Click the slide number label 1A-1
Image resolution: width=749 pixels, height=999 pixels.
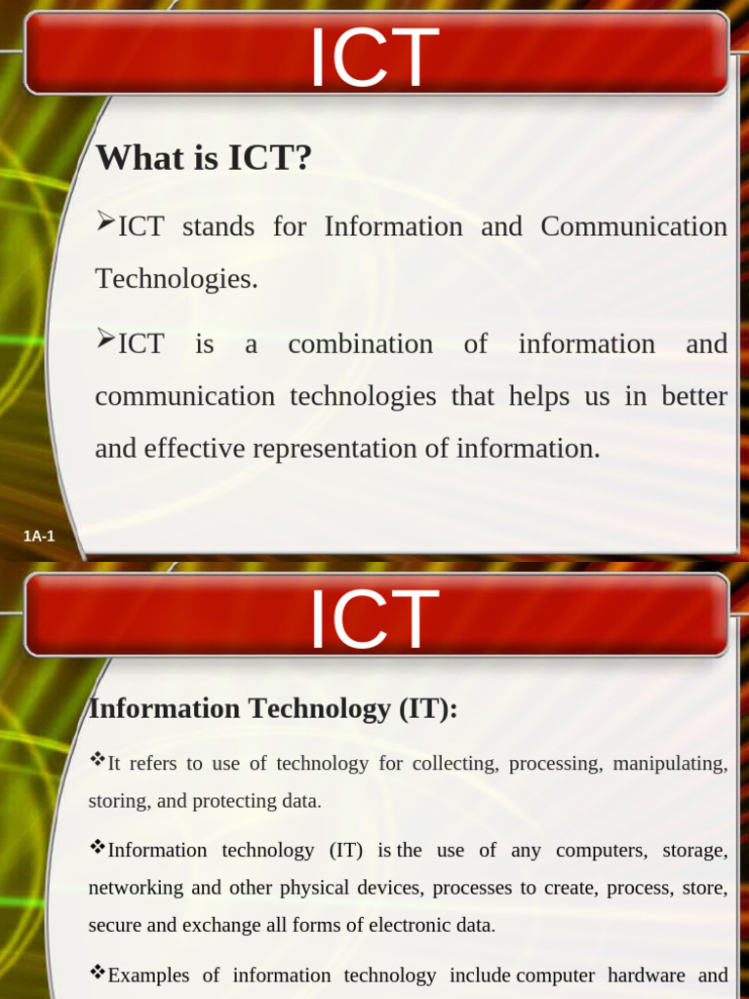39,536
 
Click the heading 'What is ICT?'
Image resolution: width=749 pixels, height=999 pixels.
203,157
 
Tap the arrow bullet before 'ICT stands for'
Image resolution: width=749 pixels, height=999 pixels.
105,224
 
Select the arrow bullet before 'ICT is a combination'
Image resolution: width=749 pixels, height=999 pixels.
105,340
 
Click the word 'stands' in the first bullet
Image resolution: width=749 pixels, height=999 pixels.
217,227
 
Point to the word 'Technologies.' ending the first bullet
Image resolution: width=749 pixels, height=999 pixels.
177,279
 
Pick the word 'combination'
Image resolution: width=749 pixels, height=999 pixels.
360,344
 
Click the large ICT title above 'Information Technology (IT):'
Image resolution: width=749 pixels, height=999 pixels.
374,619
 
